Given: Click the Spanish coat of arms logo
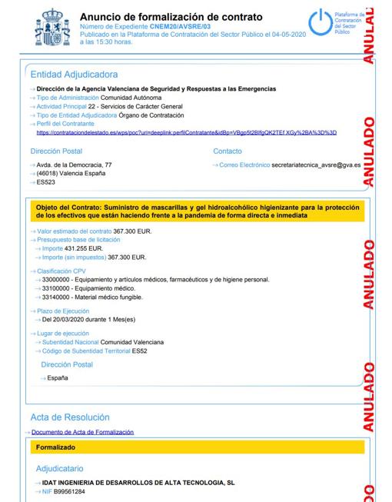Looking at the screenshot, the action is [53, 28].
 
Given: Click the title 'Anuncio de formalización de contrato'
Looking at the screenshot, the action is [171, 17].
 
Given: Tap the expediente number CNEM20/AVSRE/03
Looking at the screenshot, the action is [181, 27].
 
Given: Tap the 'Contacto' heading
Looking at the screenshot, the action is [228, 151].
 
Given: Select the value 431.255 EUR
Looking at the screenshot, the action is [85, 249].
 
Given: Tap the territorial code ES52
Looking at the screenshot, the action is [140, 351].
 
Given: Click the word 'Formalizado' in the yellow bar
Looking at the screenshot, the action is [55, 446].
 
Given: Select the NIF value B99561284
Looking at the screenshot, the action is [68, 491].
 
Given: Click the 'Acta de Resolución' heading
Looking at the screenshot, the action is [70, 417].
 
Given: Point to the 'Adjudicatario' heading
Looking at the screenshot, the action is [60, 467].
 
